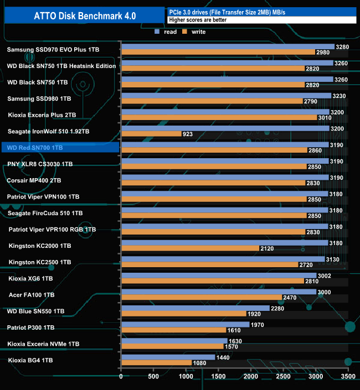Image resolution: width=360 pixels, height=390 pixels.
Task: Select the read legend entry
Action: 166,32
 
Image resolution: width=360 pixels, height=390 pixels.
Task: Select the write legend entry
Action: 194,32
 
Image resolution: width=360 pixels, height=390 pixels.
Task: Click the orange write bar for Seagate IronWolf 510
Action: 151,134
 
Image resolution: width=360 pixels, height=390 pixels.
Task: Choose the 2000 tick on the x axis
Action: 251,377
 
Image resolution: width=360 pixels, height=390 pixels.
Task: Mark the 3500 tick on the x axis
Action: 348,377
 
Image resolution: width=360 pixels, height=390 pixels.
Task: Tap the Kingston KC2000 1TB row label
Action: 40,246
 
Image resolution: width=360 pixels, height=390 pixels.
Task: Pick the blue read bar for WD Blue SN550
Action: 195,308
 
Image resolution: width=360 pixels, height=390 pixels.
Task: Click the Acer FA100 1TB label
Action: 32,295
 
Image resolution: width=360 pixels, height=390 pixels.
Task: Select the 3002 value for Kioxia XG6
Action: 325,275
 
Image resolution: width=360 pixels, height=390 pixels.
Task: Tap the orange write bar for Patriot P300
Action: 173,330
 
